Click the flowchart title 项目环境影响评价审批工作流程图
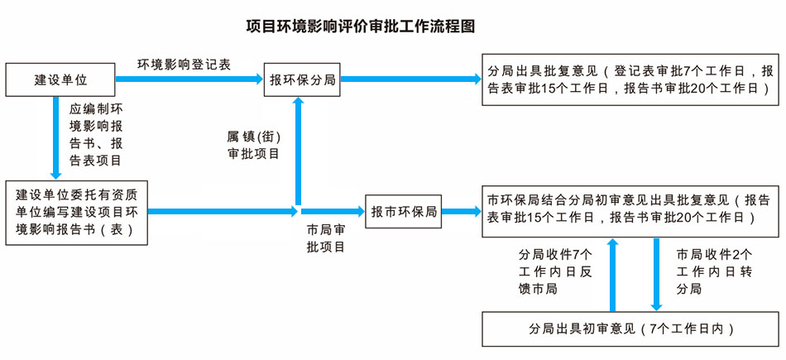pyautogui.click(x=361, y=26)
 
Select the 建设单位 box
pyautogui.click(x=60, y=79)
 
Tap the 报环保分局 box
pyautogui.click(x=301, y=79)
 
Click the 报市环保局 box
pyautogui.click(x=404, y=211)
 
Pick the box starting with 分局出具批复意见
pyautogui.click(x=630, y=79)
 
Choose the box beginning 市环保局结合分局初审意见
pyautogui.click(x=630, y=209)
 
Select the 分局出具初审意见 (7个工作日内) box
pyautogui.click(x=630, y=328)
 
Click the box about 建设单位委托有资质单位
pyautogui.click(x=76, y=213)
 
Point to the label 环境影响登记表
pyautogui.click(x=185, y=64)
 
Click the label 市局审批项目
pyautogui.click(x=325, y=238)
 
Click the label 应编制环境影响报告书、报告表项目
pyautogui.click(x=96, y=134)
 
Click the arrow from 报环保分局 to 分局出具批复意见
pyautogui.click(x=410, y=79)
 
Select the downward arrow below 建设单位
pyautogui.click(x=56, y=137)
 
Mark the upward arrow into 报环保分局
pyautogui.click(x=297, y=149)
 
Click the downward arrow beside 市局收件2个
pyautogui.click(x=656, y=273)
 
